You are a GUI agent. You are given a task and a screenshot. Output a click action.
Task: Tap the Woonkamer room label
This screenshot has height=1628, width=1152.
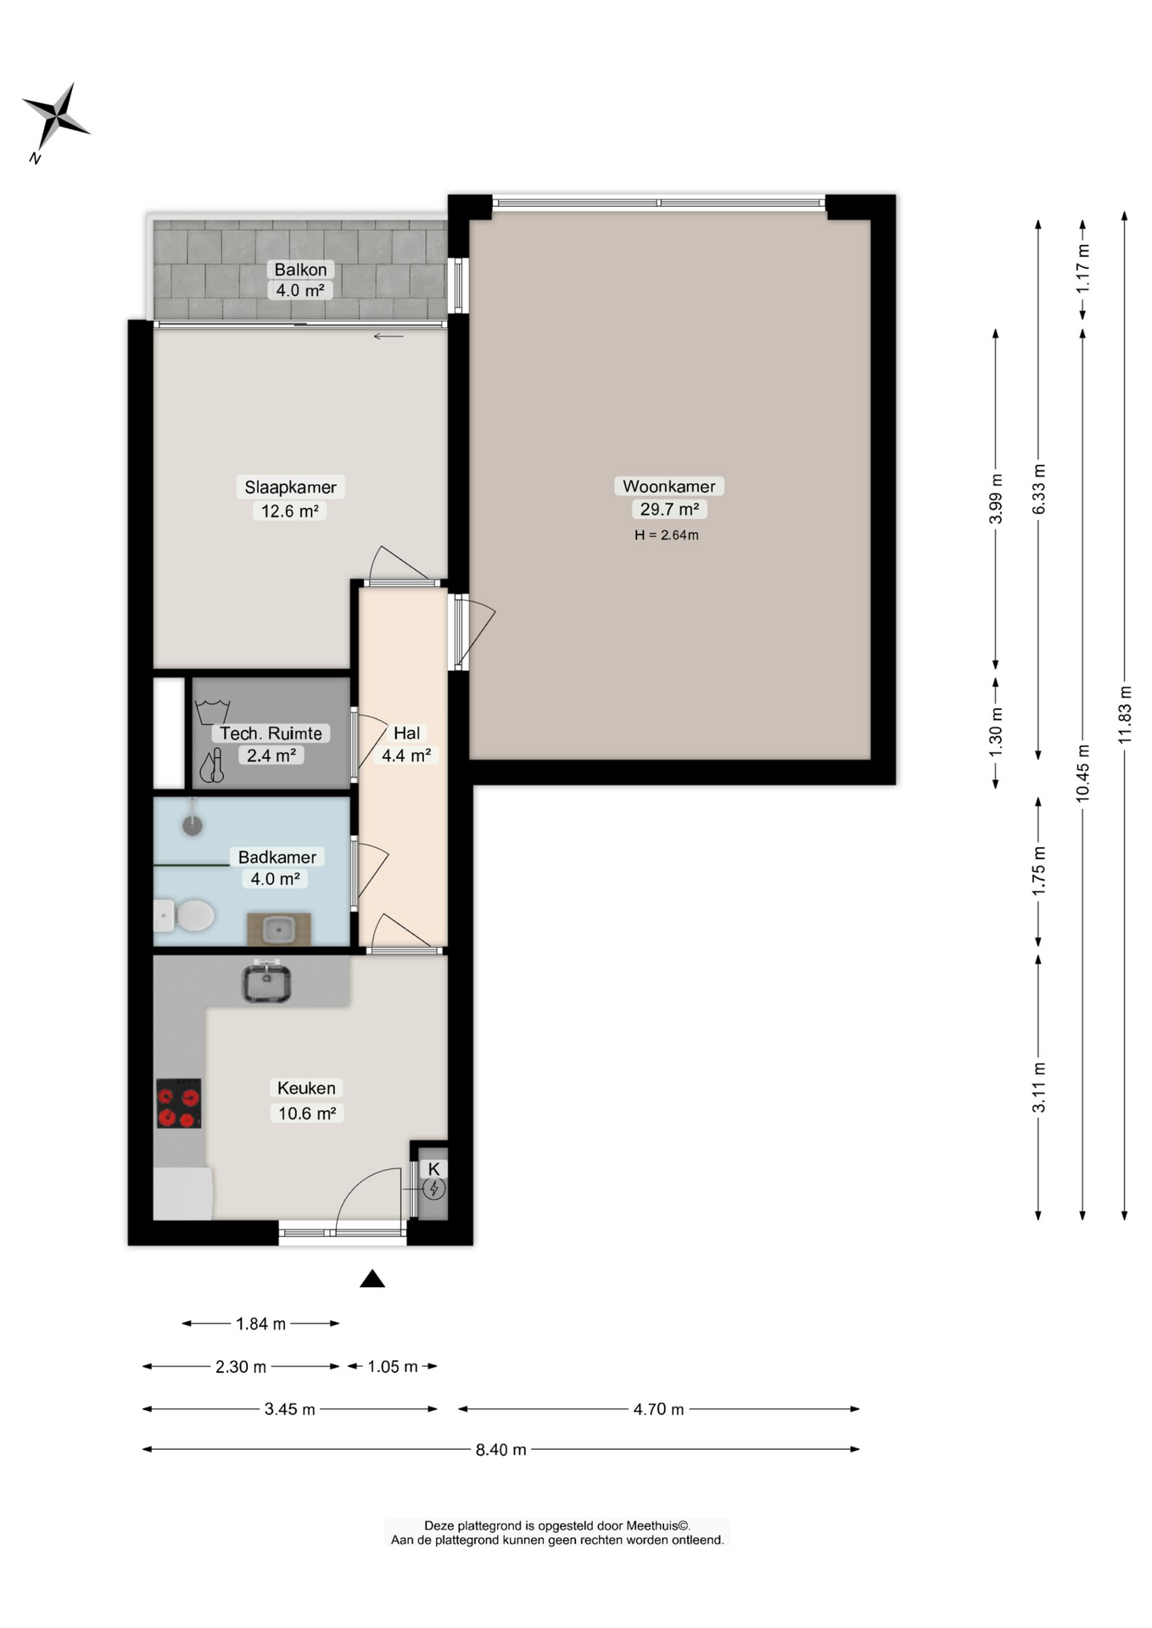[668, 486]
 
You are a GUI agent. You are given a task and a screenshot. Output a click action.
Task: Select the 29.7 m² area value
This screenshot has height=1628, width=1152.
[668, 509]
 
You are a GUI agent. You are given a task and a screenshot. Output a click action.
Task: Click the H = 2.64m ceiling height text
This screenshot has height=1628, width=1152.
[667, 535]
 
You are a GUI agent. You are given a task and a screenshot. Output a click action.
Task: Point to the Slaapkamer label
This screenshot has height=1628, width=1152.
[290, 487]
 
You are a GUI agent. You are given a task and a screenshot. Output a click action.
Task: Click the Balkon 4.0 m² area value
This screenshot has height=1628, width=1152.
[299, 290]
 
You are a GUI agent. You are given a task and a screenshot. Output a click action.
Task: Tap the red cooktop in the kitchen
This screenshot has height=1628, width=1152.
[179, 1103]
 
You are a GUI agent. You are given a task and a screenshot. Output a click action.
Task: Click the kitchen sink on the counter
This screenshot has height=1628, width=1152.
[266, 984]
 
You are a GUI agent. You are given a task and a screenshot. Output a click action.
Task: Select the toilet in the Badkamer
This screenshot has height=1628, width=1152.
[187, 916]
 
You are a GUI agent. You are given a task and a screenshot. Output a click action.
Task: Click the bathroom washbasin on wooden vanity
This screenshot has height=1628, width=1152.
[279, 930]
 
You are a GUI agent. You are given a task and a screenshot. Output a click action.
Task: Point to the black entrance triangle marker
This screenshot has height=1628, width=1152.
[372, 1279]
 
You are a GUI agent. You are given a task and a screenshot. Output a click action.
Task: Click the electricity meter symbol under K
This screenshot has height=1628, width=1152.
[433, 1189]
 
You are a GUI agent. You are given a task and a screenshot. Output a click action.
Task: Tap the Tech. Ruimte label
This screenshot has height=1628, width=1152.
[271, 733]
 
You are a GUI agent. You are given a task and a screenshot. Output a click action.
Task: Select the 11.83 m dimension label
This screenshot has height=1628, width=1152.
[1125, 715]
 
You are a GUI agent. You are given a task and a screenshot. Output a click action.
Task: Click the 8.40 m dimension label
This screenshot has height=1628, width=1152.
[501, 1450]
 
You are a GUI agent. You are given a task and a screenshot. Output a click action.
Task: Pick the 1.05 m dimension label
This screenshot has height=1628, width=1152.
[392, 1367]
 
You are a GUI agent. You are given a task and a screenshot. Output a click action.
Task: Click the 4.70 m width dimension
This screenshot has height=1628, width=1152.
[658, 1409]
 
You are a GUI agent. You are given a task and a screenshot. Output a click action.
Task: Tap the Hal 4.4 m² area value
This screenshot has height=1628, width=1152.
[406, 755]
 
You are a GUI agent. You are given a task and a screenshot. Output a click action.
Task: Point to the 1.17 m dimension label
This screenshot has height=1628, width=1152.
[1082, 269]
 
